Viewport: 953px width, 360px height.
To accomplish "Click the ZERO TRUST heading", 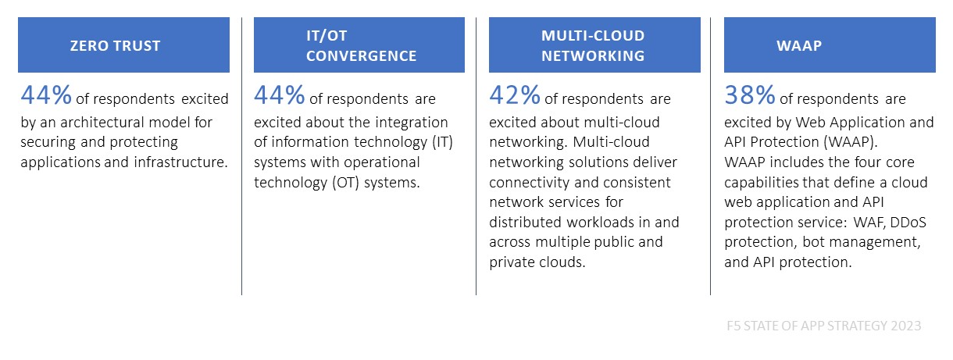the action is (x=116, y=45).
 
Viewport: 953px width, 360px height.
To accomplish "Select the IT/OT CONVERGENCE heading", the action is (x=361, y=45).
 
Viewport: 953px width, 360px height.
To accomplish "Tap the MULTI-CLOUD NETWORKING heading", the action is (x=593, y=45).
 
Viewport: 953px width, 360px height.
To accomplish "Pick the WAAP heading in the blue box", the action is (x=799, y=45).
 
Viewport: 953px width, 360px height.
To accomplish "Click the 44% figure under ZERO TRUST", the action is (x=46, y=95).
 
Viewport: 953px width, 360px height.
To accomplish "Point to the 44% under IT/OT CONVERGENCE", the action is (x=280, y=95).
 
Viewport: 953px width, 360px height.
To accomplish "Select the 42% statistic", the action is (x=515, y=95).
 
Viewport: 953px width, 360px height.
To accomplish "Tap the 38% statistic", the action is (x=750, y=95).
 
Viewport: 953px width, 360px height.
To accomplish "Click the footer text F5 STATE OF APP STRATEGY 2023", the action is (x=823, y=326).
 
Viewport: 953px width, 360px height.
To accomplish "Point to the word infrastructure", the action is (x=180, y=162).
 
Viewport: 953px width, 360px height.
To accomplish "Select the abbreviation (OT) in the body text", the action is (x=346, y=183).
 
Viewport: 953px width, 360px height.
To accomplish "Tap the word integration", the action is (x=412, y=123).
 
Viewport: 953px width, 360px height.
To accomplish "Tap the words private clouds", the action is (x=537, y=262).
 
